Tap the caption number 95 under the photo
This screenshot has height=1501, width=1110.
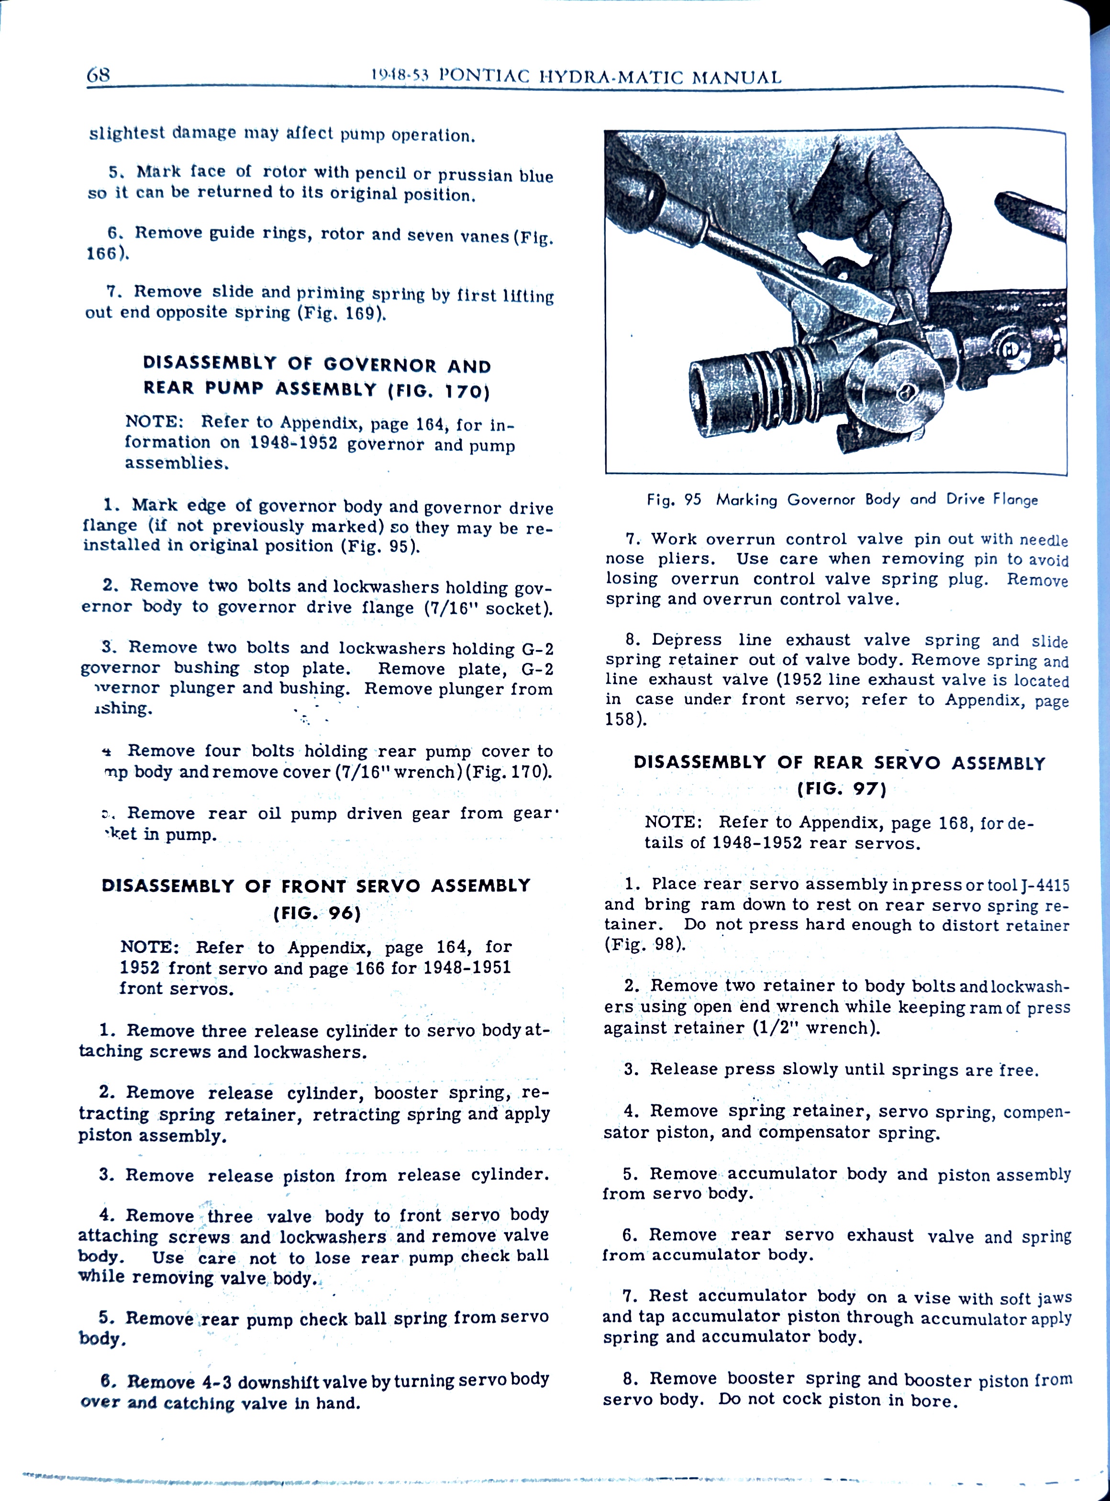692,499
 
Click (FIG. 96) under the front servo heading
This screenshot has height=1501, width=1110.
317,913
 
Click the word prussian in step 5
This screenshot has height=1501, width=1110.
476,175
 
